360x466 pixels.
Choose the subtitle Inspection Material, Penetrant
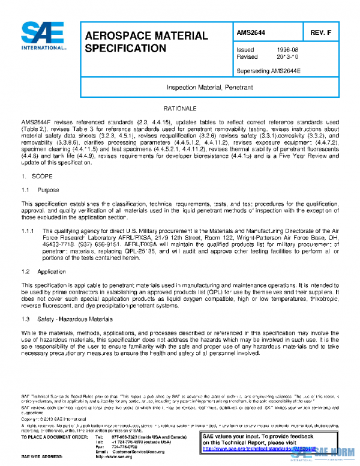point(206,87)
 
